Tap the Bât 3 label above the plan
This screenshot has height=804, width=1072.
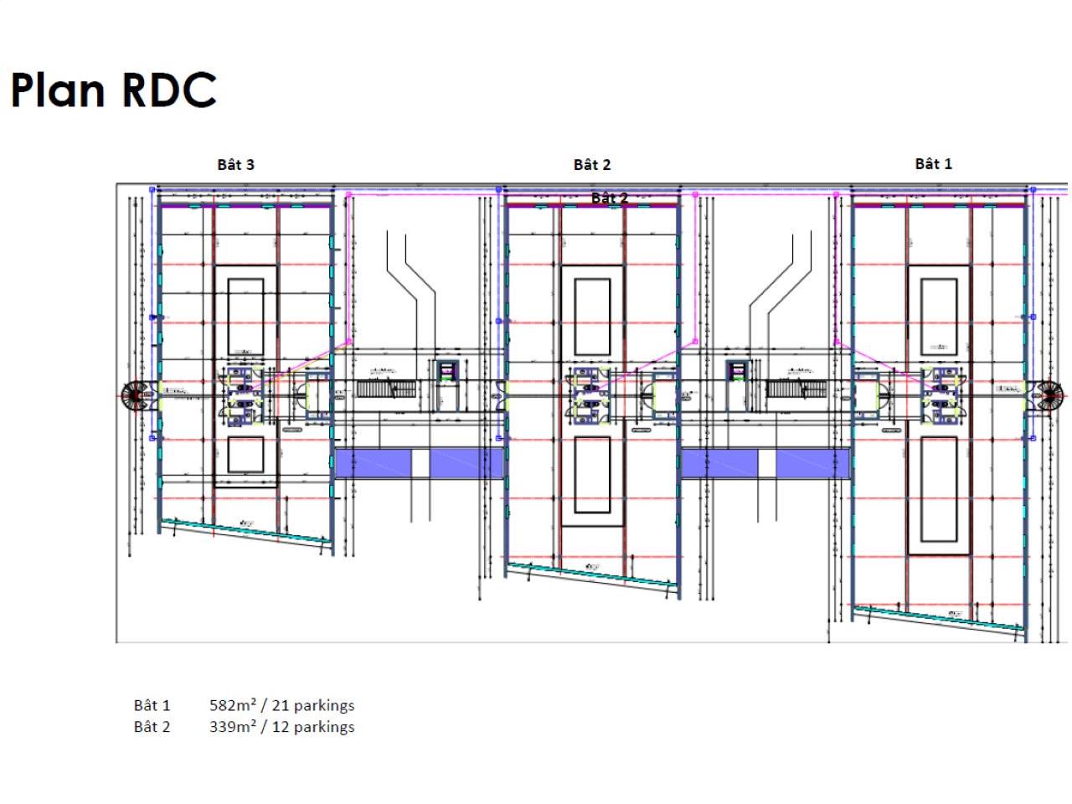[235, 165]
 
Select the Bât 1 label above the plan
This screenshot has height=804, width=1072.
[933, 164]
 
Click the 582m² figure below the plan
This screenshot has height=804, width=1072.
[233, 705]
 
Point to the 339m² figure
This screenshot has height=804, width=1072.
[233, 727]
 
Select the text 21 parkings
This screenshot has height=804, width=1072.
[313, 705]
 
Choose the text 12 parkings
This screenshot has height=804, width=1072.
[313, 727]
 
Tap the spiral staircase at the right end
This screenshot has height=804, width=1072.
[1049, 396]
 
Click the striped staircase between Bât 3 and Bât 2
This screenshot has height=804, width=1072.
[386, 389]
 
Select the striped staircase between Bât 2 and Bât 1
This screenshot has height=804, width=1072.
[796, 389]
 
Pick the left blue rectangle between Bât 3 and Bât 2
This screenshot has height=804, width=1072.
[373, 463]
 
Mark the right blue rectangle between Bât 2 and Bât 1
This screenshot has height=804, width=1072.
[812, 463]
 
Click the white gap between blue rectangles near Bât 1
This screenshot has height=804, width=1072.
[766, 463]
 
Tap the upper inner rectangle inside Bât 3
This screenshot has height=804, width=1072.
[245, 317]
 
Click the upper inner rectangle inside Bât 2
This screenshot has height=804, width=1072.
[592, 317]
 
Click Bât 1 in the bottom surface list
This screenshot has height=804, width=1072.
[152, 705]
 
